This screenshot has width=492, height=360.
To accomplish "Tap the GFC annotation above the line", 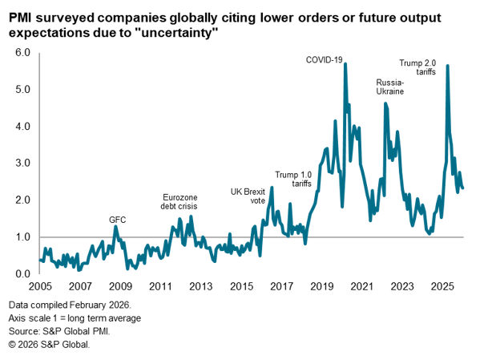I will tap(118, 219).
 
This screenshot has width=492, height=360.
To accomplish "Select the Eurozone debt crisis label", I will tap(180, 201).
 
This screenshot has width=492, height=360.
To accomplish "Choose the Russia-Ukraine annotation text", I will tap(391, 87).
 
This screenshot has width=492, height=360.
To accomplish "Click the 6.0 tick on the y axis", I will tap(22, 53).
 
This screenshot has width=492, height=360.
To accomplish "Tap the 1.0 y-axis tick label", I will tap(22, 237).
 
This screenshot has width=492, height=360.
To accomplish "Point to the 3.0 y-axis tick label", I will tap(22, 164).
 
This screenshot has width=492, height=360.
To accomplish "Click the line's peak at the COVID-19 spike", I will tap(345, 64).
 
